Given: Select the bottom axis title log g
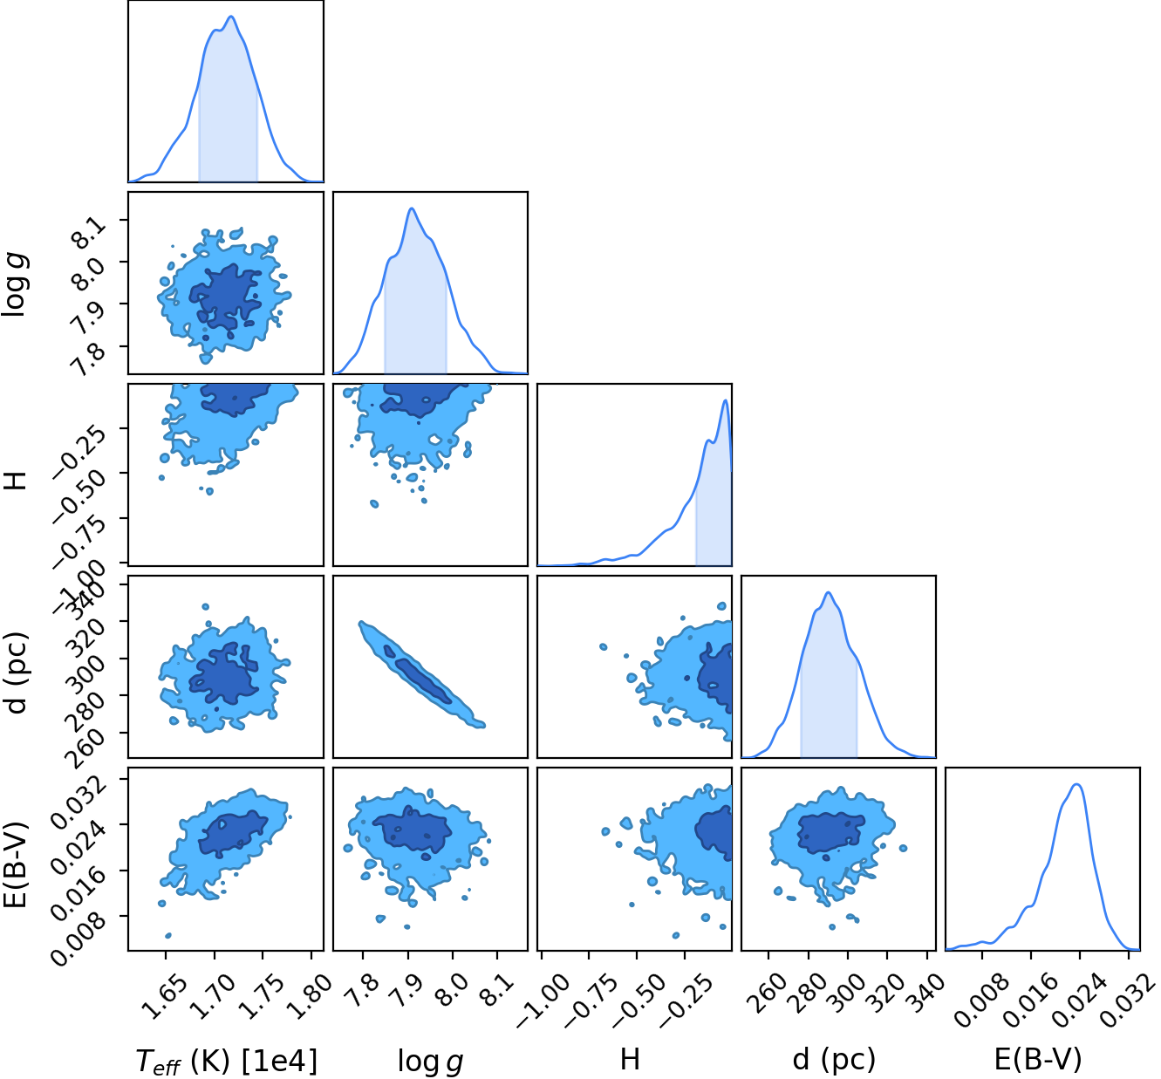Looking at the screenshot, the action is (430, 1061).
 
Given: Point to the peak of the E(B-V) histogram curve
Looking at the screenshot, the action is (1076, 784).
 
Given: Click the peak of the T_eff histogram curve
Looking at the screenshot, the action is (231, 17).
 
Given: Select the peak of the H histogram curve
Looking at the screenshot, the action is (726, 400).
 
